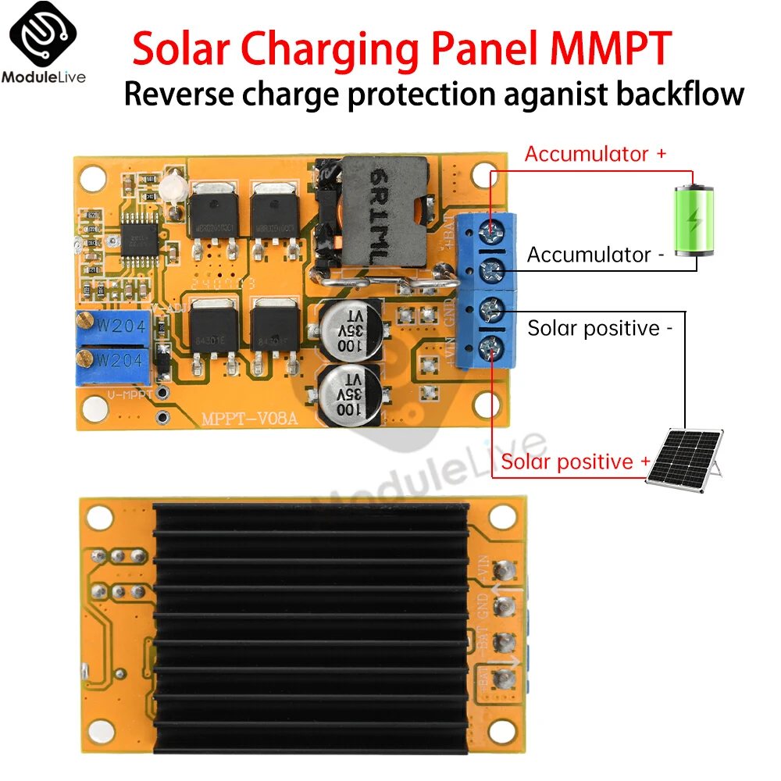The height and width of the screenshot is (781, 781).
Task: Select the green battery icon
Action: (x=694, y=219)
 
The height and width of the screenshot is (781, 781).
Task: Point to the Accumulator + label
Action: (x=595, y=154)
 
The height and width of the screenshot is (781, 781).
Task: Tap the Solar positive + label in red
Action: (x=576, y=462)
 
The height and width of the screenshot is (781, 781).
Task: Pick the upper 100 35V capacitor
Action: (x=351, y=329)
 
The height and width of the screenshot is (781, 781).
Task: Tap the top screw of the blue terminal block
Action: (x=491, y=229)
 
